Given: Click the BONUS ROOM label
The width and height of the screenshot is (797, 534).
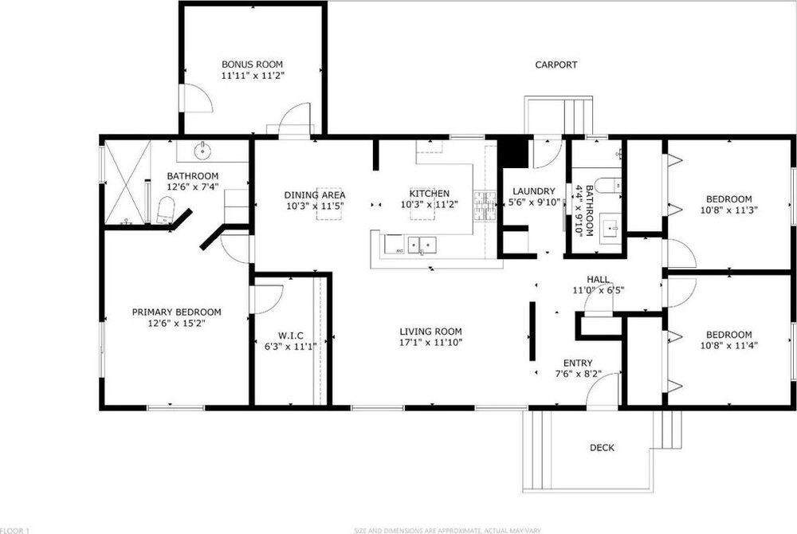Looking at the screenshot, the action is click(x=252, y=65).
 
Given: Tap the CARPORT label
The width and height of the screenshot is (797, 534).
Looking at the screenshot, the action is click(x=556, y=65).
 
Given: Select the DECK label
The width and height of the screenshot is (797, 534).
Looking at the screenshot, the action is click(x=602, y=448).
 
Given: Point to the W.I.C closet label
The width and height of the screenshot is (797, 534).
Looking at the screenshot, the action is click(x=291, y=336).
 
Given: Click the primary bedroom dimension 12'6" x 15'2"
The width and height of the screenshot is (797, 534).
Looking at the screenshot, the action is click(x=176, y=323).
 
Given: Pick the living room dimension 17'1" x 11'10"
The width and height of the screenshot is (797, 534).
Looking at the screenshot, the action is click(x=430, y=343).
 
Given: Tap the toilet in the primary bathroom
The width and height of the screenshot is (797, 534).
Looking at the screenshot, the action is click(x=165, y=210).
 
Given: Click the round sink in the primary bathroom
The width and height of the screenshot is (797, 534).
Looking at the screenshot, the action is click(x=202, y=151).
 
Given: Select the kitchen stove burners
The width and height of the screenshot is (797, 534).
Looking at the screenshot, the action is click(x=485, y=206).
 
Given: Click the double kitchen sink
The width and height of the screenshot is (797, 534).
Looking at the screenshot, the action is click(x=422, y=245).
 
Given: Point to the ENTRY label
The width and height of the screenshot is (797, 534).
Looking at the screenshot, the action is click(x=578, y=363).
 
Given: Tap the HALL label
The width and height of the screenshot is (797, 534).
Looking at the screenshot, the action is click(x=599, y=279).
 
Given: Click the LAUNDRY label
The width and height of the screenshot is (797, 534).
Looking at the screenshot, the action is click(x=534, y=191).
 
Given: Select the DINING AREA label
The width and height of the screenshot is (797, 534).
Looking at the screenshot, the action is click(x=315, y=195).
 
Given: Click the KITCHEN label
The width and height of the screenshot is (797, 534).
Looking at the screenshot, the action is click(x=430, y=194).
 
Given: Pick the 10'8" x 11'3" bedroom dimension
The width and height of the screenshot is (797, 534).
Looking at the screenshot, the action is click(x=729, y=210).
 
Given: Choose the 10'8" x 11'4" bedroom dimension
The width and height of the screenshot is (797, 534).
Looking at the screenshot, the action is click(x=729, y=345).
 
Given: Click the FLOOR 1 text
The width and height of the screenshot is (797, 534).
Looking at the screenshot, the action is click(x=15, y=531).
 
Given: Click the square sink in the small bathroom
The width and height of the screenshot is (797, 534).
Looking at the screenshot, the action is click(x=610, y=229).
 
